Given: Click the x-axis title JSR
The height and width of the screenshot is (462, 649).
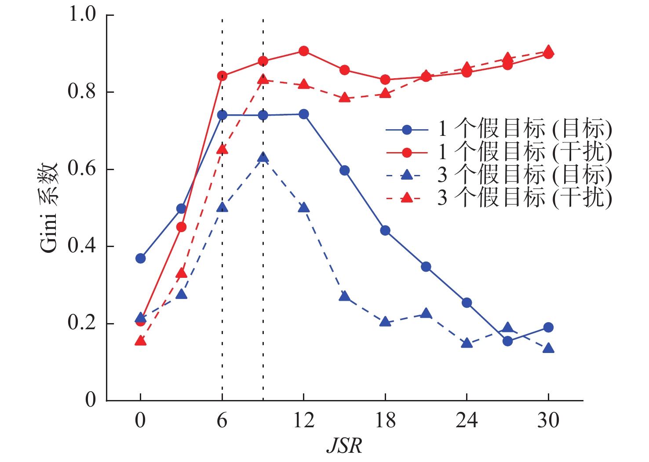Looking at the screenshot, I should point(344,446).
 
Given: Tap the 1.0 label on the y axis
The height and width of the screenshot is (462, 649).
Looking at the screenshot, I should point(82,15).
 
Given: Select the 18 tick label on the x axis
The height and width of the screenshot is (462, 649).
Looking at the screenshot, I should point(385,421).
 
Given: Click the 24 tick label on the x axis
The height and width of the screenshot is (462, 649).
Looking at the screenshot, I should point(467,421).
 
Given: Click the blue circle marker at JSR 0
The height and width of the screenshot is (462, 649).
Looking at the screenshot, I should point(141,258).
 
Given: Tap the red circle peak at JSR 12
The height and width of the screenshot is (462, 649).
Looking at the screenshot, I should point(303,51).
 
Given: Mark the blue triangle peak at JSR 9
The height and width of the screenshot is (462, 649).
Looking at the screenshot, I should point(263,158).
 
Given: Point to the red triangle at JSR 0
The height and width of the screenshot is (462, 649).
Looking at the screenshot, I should point(141,341).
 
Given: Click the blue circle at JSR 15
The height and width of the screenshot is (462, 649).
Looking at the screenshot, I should point(345,171).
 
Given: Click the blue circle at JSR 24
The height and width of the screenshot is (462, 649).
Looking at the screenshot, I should point(467,303).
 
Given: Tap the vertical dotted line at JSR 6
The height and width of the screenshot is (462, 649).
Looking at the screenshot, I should point(222,264).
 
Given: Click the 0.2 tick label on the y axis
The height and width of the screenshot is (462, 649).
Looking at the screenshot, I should point(82,323).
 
